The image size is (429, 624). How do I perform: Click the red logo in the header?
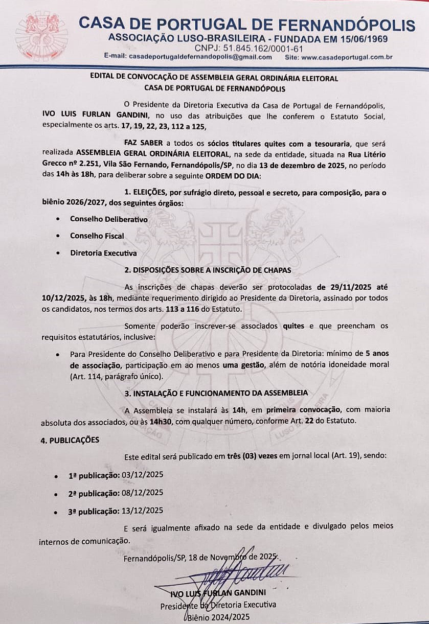tap(41, 36)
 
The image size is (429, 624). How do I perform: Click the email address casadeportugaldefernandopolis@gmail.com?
tap(200, 57)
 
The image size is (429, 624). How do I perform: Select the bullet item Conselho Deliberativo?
tap(109, 219)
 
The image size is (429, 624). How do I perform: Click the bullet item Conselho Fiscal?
tap(97, 236)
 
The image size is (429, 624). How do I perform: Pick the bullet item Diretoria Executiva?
tap(103, 253)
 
